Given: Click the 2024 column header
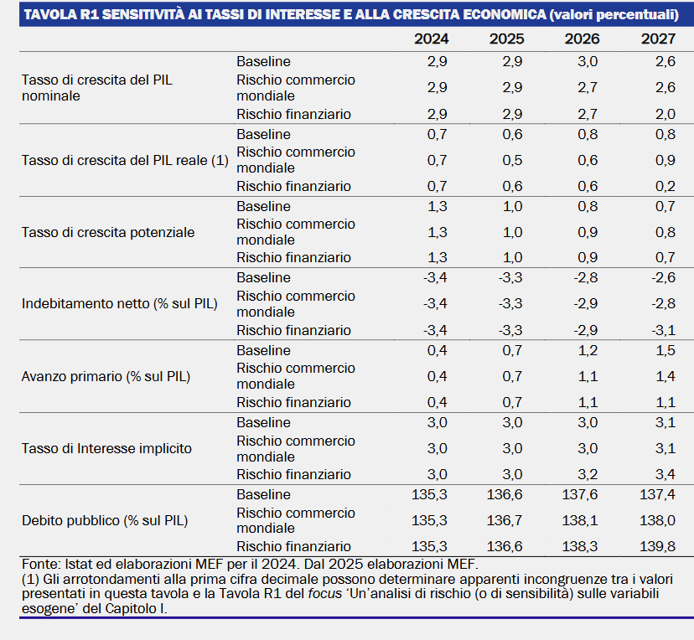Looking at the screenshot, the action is pos(431,39).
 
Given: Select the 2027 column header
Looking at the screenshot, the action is pos(658,39).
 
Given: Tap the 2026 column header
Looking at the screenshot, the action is pos(582,39).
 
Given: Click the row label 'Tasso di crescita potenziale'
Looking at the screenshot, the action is pos(108,232).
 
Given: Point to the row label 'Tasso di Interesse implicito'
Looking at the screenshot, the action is pos(106,448).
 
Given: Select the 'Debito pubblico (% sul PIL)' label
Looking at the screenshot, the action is pos(105,520).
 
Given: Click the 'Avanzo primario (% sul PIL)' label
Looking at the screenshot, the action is pos(106,376).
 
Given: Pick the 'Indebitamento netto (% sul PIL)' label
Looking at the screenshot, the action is pos(120,304).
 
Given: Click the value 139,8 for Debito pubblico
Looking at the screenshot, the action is pos(657,547).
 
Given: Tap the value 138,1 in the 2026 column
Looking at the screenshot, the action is pos(580,520).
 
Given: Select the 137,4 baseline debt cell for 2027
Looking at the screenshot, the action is pos(657,494).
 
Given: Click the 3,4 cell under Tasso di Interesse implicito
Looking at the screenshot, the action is pos(666,475).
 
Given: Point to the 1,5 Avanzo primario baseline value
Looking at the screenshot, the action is pos(666,351).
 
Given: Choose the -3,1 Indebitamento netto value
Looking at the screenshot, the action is pos(664,330).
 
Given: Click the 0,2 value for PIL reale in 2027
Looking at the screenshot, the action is pos(666,186).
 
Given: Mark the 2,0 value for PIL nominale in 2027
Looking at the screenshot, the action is pos(666,114).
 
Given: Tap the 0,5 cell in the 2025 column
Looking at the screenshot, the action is pos(512,160).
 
